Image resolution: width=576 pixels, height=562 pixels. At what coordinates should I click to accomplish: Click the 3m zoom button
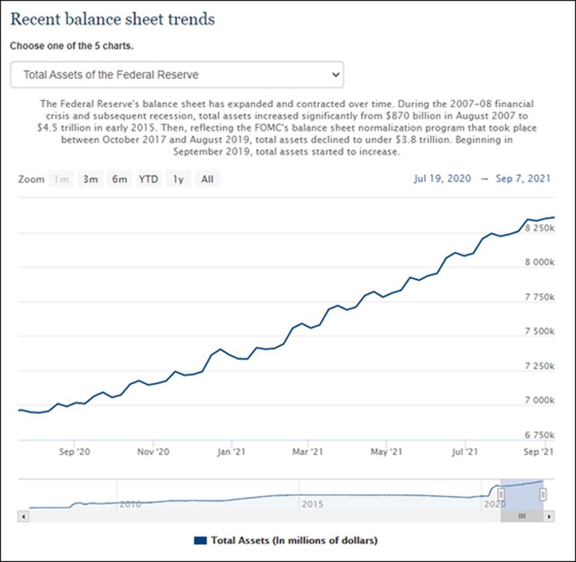pyautogui.click(x=90, y=179)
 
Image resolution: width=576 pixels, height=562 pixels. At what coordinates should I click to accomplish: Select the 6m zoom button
pyautogui.click(x=119, y=179)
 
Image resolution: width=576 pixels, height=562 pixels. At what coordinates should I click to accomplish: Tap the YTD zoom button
pyautogui.click(x=148, y=179)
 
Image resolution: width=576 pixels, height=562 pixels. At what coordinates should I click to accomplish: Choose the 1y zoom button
pyautogui.click(x=178, y=179)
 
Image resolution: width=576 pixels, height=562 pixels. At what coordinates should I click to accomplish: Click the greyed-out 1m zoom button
pyautogui.click(x=61, y=179)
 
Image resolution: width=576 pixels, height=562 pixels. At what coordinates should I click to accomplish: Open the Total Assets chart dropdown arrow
pyautogui.click(x=335, y=75)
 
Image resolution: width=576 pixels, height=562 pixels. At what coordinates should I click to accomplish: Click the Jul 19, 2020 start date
pyautogui.click(x=442, y=178)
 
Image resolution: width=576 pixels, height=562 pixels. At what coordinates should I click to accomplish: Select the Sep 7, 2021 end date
pyautogui.click(x=523, y=178)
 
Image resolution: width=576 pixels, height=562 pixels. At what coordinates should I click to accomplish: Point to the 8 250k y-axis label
pyautogui.click(x=539, y=229)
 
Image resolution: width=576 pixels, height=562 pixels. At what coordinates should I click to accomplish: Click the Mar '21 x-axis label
pyautogui.click(x=308, y=452)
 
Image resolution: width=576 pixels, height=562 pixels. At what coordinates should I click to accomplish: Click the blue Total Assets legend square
pyautogui.click(x=201, y=540)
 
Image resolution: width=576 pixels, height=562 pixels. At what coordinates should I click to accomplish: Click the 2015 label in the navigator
pyautogui.click(x=312, y=504)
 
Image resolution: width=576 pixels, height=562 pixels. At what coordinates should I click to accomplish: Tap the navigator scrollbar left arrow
pyautogui.click(x=23, y=516)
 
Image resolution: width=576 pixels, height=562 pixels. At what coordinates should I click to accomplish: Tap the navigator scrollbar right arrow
pyautogui.click(x=550, y=516)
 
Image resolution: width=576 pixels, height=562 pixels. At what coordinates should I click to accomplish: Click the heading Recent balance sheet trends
pyautogui.click(x=112, y=19)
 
